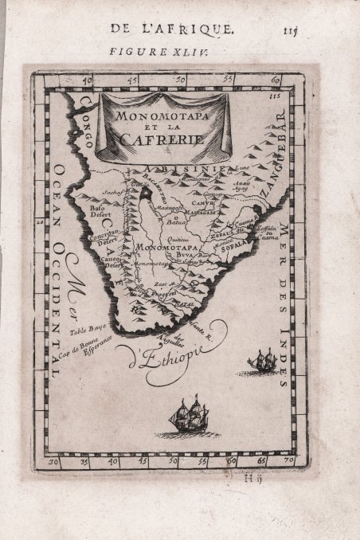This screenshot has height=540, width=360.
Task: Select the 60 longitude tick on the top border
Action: pos(275,79)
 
